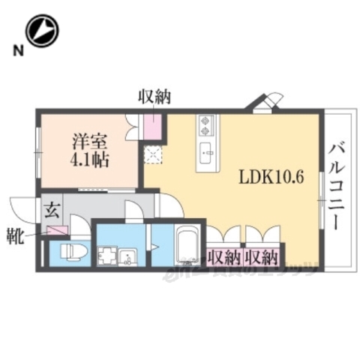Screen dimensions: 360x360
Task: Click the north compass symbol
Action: (x=41, y=31)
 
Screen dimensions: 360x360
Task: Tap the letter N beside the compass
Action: (x=15, y=51)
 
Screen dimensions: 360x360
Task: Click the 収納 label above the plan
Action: (x=154, y=97)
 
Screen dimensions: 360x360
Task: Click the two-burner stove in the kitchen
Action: (x=206, y=124)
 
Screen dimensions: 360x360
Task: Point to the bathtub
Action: (x=185, y=247)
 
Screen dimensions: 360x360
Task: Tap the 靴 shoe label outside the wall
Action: (x=15, y=239)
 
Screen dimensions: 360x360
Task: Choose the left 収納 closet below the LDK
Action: (x=223, y=257)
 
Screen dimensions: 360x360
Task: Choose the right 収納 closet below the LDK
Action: (x=262, y=257)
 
